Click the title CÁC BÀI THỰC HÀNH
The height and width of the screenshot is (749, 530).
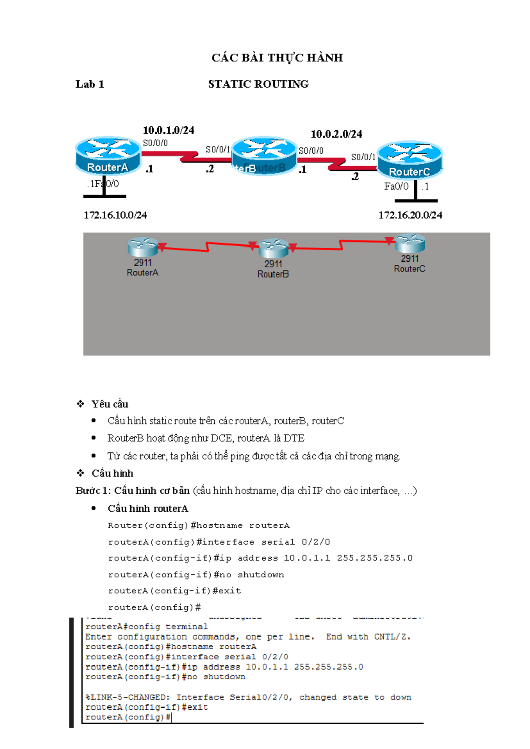point(277,58)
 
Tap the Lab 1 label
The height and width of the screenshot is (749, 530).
point(90,84)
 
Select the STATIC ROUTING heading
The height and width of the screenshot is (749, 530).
point(258,84)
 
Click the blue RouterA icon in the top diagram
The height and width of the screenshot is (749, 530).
point(108,155)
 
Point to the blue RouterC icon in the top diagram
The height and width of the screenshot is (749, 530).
point(410,159)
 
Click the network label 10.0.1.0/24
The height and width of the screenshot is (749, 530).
point(168,130)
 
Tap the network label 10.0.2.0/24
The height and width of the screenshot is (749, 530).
point(336,134)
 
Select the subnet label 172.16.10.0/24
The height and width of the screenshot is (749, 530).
point(115,215)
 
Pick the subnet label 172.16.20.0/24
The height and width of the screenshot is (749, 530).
point(410,215)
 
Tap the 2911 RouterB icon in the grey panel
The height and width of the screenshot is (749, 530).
point(273,248)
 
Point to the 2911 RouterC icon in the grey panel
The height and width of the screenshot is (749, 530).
point(410,243)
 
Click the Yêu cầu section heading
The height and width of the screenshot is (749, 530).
point(110,404)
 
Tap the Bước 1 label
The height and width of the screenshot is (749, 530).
point(93,491)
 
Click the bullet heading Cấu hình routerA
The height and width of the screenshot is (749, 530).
point(148,509)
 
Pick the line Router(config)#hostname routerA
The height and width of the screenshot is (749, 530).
point(199,526)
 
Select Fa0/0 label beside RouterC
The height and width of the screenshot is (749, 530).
point(396,186)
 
